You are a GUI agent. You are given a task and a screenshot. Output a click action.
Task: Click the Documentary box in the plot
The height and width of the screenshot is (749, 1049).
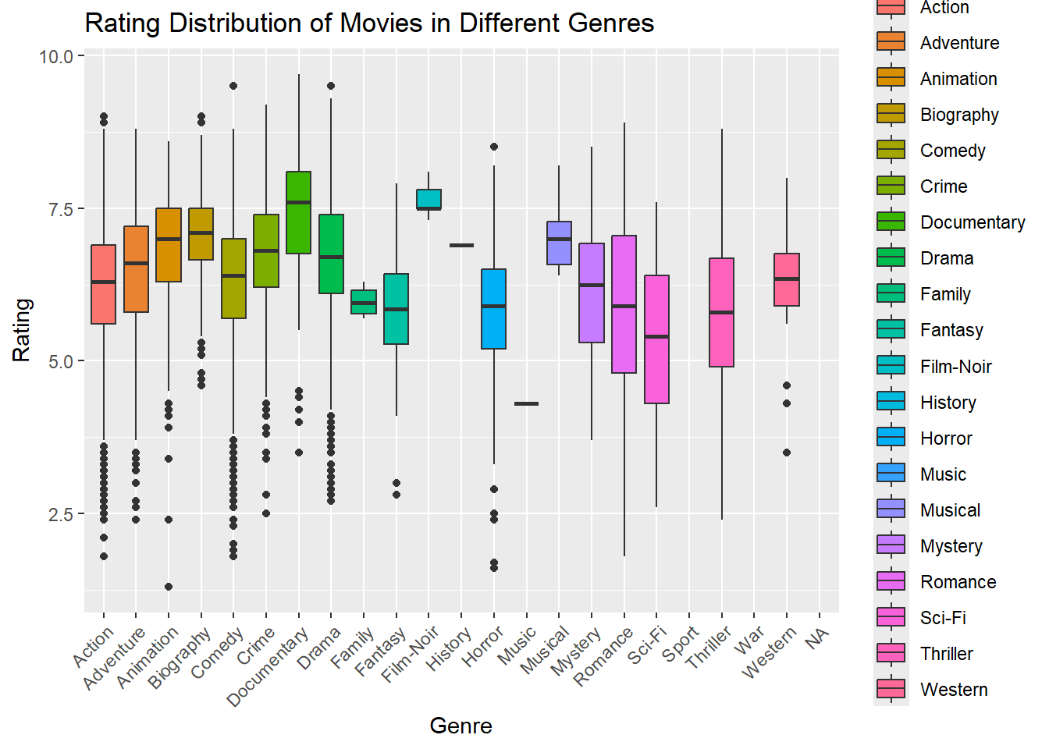click(298, 212)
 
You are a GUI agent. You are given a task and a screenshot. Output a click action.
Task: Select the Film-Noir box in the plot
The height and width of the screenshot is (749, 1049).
click(428, 199)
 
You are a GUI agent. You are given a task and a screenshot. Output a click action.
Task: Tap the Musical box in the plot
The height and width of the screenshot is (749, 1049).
click(559, 243)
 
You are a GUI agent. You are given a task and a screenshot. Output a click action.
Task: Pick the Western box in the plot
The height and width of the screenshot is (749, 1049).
click(786, 279)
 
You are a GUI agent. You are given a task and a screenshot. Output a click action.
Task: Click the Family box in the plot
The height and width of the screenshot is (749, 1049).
click(364, 302)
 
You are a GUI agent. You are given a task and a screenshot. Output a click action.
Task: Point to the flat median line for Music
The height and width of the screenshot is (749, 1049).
click(526, 403)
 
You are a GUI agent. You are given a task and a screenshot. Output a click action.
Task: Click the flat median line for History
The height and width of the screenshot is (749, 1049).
click(461, 245)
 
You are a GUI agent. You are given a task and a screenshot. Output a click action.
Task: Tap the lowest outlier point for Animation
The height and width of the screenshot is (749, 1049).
click(169, 587)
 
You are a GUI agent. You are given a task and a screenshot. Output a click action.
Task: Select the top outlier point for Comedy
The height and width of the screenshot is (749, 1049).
click(233, 86)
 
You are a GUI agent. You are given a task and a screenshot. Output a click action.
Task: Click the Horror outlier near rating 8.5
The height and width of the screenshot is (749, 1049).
click(494, 147)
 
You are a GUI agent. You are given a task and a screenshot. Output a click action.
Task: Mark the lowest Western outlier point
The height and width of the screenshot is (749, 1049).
click(787, 453)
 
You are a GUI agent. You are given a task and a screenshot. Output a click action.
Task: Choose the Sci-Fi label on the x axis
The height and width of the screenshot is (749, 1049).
click(647, 645)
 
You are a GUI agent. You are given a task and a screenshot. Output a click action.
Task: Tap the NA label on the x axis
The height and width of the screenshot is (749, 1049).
click(816, 638)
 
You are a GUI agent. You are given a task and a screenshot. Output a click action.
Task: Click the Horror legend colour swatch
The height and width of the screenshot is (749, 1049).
click(891, 438)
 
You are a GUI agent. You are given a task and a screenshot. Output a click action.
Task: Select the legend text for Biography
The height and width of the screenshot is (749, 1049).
click(958, 115)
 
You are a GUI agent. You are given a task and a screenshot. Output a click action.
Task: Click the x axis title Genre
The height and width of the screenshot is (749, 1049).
click(460, 726)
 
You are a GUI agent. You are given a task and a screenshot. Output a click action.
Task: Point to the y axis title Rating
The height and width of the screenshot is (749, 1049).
click(22, 330)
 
